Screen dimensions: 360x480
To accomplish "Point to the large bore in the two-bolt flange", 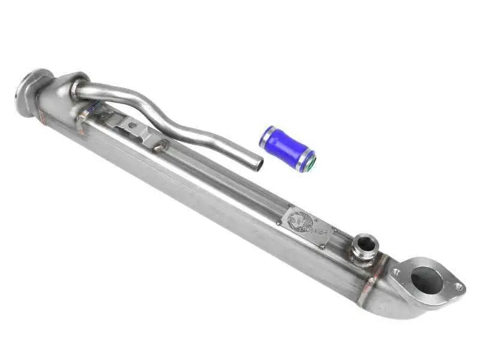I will [427, 280].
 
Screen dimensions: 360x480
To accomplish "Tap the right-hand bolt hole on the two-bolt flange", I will [458, 287].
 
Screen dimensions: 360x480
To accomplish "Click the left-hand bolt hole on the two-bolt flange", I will [395, 272].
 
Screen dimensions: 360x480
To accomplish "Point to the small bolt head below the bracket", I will [159, 144].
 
